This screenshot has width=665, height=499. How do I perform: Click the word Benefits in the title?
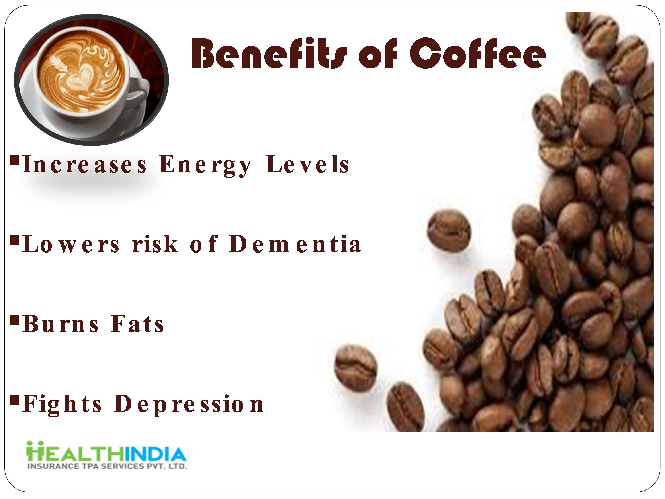[269, 53]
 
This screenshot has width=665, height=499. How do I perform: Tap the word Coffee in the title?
[477, 53]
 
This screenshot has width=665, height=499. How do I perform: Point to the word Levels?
[307, 165]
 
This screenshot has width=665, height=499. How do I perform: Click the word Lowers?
[71, 244]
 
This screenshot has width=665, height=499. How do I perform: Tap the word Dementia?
[295, 244]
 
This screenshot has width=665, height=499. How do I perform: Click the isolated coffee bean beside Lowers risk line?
[449, 232]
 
